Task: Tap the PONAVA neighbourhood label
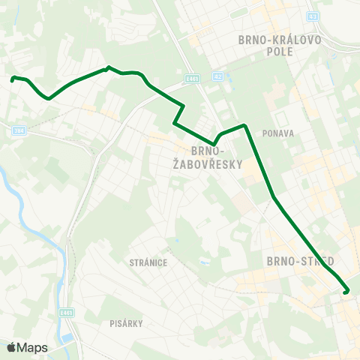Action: point(277,133)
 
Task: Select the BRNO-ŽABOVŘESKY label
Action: point(217,156)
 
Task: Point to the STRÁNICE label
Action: point(148,262)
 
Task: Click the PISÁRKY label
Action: point(124,323)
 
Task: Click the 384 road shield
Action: point(18,130)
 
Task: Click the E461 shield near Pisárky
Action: point(67,313)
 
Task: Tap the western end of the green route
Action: point(13,78)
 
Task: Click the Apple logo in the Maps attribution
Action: point(11,347)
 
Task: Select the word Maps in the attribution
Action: point(33,347)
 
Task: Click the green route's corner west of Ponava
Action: point(244,125)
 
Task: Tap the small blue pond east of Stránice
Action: point(203,263)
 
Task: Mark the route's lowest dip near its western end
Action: point(49,97)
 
